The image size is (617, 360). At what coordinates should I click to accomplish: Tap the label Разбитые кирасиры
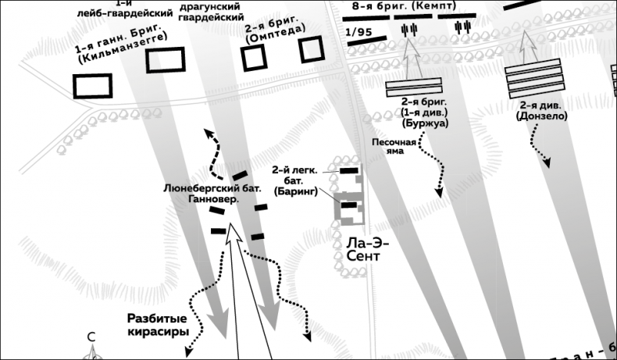point(159,325)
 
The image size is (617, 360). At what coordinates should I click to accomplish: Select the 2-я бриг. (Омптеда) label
point(275,32)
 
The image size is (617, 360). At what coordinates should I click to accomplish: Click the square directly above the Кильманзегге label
point(165,60)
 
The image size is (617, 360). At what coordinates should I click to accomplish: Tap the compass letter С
point(91,337)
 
